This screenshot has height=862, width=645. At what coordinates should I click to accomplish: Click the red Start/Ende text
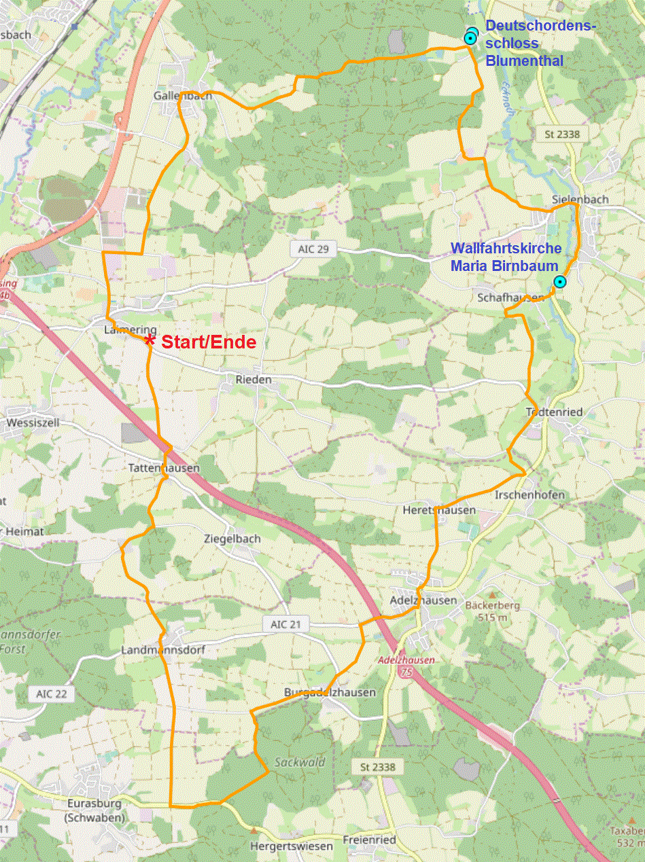tap(209, 342)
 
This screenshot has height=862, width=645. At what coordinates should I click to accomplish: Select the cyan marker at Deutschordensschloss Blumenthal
tap(470, 38)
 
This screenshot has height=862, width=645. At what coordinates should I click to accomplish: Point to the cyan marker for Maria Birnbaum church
tap(559, 282)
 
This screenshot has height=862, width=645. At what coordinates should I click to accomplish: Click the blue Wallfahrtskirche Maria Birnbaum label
tap(506, 257)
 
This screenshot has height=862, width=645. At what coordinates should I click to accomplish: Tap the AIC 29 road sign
tap(313, 249)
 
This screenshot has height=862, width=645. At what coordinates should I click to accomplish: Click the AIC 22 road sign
tap(51, 694)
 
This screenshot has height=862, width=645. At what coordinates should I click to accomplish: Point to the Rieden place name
tap(254, 379)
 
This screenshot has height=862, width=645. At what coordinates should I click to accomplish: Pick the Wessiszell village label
tap(33, 423)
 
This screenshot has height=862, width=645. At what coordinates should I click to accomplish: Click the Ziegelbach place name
tap(232, 539)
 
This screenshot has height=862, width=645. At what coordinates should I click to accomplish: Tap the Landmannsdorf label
tap(162, 650)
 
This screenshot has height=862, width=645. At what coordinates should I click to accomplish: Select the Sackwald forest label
tap(300, 762)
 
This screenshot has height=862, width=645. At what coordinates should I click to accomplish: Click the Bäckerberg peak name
tap(492, 605)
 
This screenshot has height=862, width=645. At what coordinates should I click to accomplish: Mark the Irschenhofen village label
tap(530, 495)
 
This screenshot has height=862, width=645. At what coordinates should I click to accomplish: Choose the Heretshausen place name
tap(439, 509)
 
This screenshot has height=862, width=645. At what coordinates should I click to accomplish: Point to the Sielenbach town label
tap(580, 199)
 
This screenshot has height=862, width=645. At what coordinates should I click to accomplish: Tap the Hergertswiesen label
tap(291, 846)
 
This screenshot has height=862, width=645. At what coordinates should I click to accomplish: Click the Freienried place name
tap(370, 840)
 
